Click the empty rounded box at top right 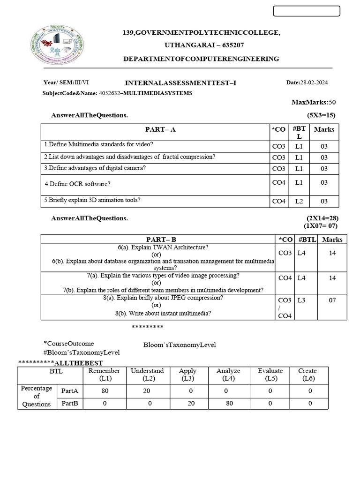click(306, 11)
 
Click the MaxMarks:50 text click(314, 102)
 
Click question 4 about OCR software click(77, 184)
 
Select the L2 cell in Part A click(299, 201)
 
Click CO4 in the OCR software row click(278, 182)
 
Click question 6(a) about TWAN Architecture click(163, 247)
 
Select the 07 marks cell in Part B click(332, 300)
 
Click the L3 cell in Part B click(301, 300)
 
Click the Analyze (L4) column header click(228, 375)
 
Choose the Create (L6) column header click(307, 375)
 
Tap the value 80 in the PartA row click(105, 390)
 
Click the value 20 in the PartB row click(188, 403)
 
